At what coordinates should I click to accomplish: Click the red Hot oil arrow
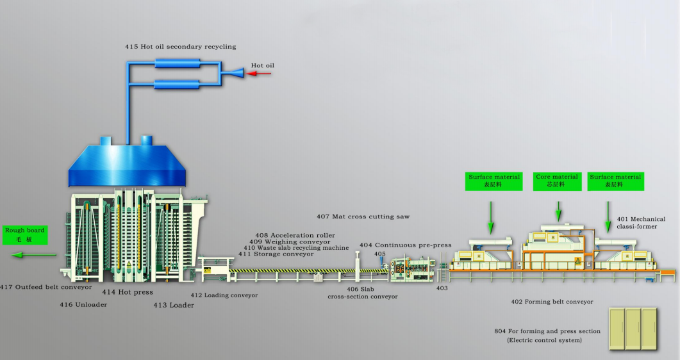pyautogui.click(x=259, y=74)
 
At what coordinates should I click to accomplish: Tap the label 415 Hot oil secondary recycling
pyautogui.click(x=180, y=46)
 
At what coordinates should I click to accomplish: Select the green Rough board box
pyautogui.click(x=25, y=235)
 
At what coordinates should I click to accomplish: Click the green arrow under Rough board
pyautogui.click(x=34, y=255)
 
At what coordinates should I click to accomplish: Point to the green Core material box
pyautogui.click(x=558, y=181)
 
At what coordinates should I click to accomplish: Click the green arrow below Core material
pyautogui.click(x=559, y=212)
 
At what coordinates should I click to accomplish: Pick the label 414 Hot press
pyautogui.click(x=128, y=292)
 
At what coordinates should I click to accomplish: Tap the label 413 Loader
pyautogui.click(x=174, y=305)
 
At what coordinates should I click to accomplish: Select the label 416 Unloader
pyautogui.click(x=83, y=304)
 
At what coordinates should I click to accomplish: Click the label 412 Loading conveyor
pyautogui.click(x=224, y=295)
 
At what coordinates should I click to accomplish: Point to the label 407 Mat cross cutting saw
pyautogui.click(x=363, y=216)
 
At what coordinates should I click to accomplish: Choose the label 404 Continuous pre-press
pyautogui.click(x=406, y=245)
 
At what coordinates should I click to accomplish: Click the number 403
pyautogui.click(x=442, y=288)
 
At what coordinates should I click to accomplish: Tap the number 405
pyautogui.click(x=380, y=254)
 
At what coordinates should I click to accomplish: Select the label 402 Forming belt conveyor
pyautogui.click(x=552, y=302)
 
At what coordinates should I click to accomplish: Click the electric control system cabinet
pyautogui.click(x=633, y=329)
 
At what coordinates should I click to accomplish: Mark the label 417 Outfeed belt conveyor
pyautogui.click(x=46, y=287)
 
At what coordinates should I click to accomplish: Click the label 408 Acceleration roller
pyautogui.click(x=295, y=235)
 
